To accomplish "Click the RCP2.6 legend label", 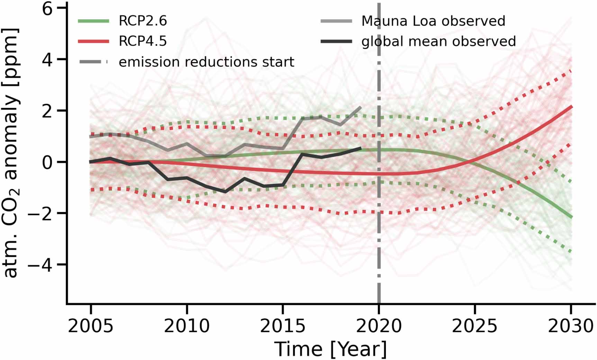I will point(143,21).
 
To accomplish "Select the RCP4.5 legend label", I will point(143,41).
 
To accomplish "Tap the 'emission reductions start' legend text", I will point(206,62).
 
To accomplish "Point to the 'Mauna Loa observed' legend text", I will point(433,21).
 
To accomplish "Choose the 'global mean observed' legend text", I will point(438,41).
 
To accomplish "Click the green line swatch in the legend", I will point(93,21).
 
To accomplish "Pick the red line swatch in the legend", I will point(93,42).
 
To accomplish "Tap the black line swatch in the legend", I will point(336,42).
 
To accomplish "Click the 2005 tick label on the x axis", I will point(91,326).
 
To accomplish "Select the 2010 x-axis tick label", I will point(187,326).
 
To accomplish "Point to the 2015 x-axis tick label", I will point(283,326).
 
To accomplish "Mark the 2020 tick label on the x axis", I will point(379,326).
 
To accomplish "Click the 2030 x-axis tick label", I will point(571,326).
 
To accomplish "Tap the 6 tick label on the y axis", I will point(47,8).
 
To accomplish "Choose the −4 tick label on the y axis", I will point(42,264).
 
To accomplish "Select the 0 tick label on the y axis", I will point(47,162).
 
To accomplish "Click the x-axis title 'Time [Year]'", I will point(331,349).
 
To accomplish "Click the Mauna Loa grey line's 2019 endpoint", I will point(361,107).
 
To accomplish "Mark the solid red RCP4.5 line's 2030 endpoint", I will point(571,107).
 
